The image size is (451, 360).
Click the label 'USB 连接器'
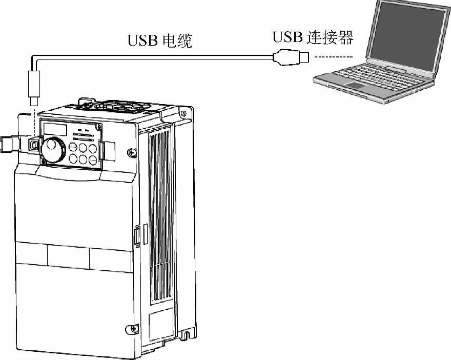313,37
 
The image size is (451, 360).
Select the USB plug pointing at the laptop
291,56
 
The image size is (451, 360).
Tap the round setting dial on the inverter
52,148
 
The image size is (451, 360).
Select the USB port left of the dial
34,145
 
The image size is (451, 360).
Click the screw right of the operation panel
132,152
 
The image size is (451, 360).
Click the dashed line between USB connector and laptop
333,56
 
